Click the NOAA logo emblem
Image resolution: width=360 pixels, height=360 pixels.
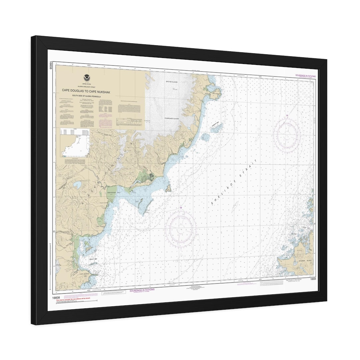tap(87, 78)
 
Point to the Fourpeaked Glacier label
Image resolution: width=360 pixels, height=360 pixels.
tap(172, 118)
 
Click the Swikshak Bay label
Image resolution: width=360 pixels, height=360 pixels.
tap(111, 193)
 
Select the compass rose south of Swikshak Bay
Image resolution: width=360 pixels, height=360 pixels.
tap(181, 228)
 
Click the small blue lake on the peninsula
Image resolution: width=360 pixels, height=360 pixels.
tap(79, 184)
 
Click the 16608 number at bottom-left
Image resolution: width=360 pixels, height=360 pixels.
tap(56, 298)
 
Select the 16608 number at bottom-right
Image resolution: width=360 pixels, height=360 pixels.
tap(312, 279)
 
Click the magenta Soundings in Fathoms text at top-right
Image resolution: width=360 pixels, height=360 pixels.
tap(305, 76)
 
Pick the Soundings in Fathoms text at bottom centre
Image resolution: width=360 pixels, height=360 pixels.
tap(142, 290)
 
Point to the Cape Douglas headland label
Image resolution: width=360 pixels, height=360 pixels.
tap(216, 94)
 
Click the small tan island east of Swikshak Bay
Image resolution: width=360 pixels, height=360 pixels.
tap(169, 189)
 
